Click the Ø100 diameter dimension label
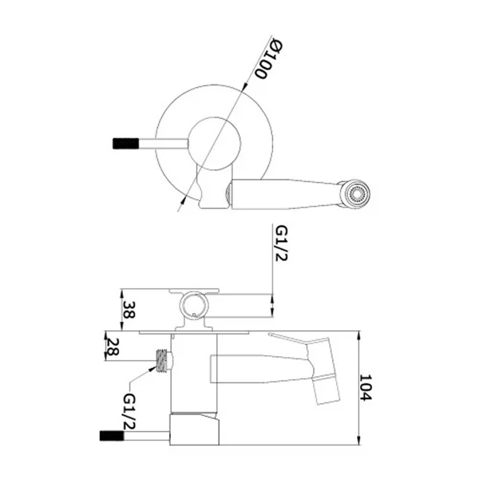tap(269, 58)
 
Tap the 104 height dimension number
tap(366, 387)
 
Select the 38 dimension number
tap(129, 310)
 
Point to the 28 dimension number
tap(112, 346)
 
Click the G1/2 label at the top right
tap(281, 243)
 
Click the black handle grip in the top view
tap(125, 144)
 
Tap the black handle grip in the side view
tap(112, 436)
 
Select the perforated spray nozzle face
tap(356, 194)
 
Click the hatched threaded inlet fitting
tap(162, 361)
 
